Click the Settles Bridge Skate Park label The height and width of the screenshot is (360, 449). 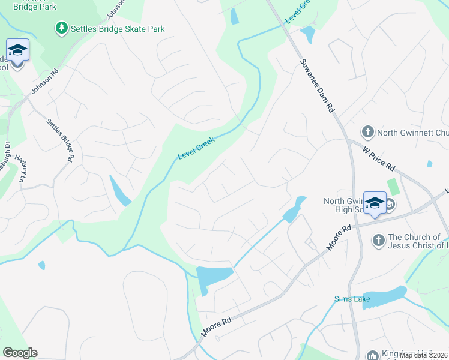coord(118,29)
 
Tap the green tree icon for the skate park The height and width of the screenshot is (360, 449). coord(61,28)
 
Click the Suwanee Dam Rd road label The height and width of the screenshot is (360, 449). coord(316,86)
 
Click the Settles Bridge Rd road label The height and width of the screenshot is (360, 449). coord(60,139)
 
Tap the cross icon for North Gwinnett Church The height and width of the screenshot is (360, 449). coord(367,131)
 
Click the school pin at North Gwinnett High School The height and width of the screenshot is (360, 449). coord(375,203)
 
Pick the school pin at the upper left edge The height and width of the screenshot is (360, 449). coord(18,50)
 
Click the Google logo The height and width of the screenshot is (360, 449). coord(20,353)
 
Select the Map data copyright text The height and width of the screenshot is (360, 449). coord(423,355)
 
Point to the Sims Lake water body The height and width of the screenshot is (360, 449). coord(384,296)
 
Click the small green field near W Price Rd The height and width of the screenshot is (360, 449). coord(394,187)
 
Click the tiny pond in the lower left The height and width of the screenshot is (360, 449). coord(41,265)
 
